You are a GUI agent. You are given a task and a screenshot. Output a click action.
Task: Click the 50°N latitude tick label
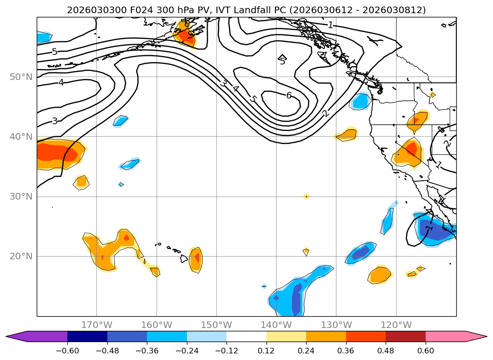pyautogui.click(x=21, y=77)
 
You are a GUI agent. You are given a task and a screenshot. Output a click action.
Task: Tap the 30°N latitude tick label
pyautogui.click(x=21, y=196)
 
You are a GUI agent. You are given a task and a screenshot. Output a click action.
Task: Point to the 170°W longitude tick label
pyautogui.click(x=97, y=325)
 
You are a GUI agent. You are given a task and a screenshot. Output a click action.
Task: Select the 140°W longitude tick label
pyautogui.click(x=276, y=325)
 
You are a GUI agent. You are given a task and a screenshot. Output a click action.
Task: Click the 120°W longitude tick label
pyautogui.click(x=396, y=325)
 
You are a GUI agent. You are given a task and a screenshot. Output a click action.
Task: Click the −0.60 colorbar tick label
pyautogui.click(x=67, y=351)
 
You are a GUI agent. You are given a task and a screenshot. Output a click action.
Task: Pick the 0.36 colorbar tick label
pyautogui.click(x=346, y=351)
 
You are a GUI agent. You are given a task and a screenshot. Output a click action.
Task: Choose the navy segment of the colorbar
pyautogui.click(x=87, y=336)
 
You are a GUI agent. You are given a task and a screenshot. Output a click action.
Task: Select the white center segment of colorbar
pyautogui.click(x=246, y=336)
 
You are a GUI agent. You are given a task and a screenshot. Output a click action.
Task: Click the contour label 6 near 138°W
pyautogui.click(x=289, y=96)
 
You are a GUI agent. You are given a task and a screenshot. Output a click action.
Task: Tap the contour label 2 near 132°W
pyautogui.click(x=325, y=113)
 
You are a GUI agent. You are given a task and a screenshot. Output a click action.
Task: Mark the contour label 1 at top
pyautogui.click(x=331, y=25)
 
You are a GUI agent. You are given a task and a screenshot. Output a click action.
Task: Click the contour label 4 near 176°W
pyautogui.click(x=61, y=83)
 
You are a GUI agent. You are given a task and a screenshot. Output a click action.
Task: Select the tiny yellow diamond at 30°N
pyautogui.click(x=306, y=196)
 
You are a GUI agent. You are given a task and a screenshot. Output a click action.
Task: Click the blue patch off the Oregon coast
pyautogui.click(x=361, y=101)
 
